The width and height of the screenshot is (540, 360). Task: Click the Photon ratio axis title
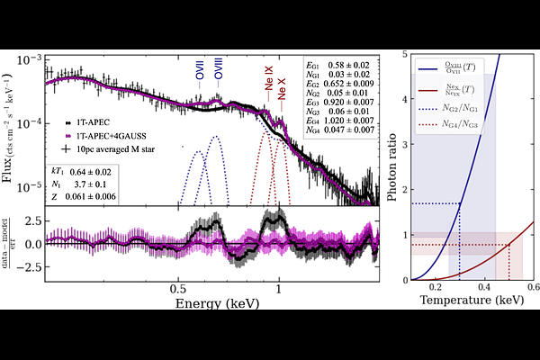[380, 166]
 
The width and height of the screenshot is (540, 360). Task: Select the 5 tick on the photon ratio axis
[400, 56]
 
